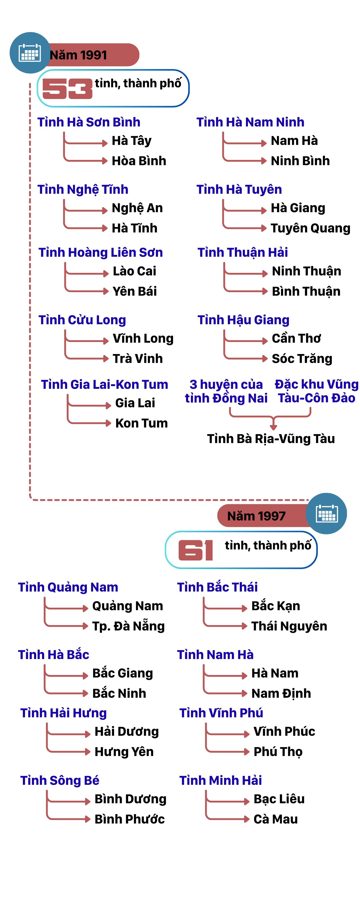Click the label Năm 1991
click(78, 55)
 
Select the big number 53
click(67, 89)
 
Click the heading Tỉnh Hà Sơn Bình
click(89, 122)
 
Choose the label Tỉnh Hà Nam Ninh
click(250, 122)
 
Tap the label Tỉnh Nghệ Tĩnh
click(83, 189)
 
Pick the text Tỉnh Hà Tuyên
click(239, 189)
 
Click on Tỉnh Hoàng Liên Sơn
click(101, 252)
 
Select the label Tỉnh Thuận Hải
click(243, 252)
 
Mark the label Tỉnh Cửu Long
click(82, 320)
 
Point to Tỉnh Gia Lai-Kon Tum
click(104, 384)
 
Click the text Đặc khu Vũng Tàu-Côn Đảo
click(317, 391)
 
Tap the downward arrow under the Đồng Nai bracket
click(273, 425)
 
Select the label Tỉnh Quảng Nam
click(68, 587)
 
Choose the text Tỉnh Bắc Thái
click(217, 587)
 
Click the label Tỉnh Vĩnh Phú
click(221, 713)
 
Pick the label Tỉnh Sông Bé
click(60, 780)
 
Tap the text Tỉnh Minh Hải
click(220, 780)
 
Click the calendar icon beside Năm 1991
click(30, 53)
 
